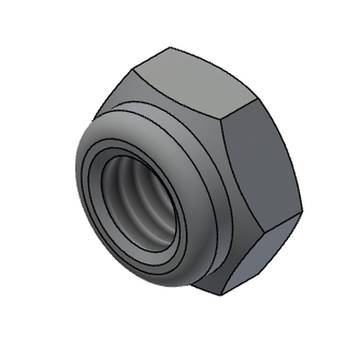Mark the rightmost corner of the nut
pyautogui.click(x=302, y=211)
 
